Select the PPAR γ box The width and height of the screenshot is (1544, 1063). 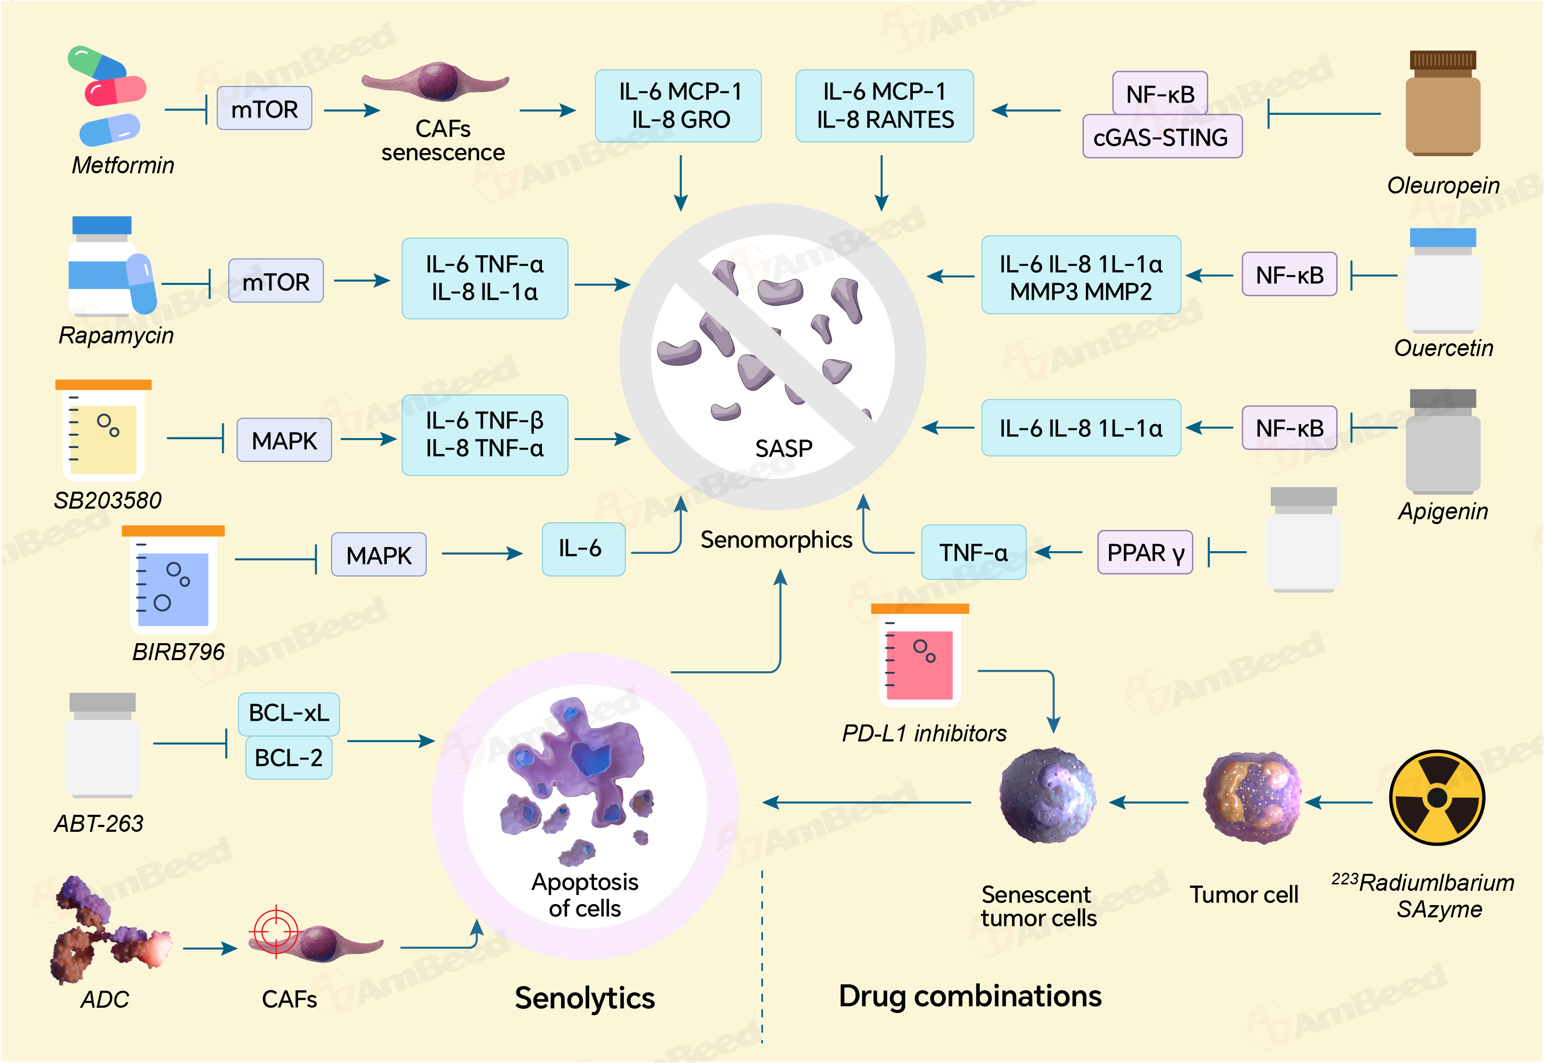[x=1144, y=552]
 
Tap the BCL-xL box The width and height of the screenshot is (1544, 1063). [x=289, y=713]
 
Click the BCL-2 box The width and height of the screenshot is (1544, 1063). [x=289, y=757]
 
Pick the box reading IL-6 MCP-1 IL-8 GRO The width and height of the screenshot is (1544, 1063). [x=678, y=106]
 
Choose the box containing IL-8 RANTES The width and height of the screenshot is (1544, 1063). [x=884, y=106]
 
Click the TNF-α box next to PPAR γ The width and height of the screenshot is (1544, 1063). [x=973, y=552]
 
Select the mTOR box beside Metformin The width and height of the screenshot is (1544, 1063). [x=264, y=108]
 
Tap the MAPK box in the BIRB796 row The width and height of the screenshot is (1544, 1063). [x=378, y=554]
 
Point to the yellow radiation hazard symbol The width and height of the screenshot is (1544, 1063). [x=1437, y=797]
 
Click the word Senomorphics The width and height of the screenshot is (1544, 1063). [x=776, y=539]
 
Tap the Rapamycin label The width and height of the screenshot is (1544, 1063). [x=116, y=335]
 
